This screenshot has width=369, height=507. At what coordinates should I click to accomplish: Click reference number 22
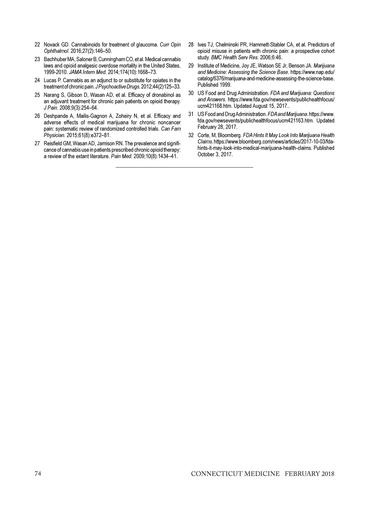[x=37, y=45]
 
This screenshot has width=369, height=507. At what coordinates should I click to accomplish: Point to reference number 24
[x=37, y=81]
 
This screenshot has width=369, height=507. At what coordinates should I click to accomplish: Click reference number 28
[x=191, y=45]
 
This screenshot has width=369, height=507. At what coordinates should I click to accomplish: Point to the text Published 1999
[x=214, y=85]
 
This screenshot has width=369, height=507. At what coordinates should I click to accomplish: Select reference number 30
[x=191, y=93]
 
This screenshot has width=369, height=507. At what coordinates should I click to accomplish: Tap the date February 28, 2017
[x=217, y=127]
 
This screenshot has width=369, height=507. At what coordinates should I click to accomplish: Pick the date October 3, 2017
[x=215, y=154]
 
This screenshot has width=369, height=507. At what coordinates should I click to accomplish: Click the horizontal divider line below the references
[x=184, y=167]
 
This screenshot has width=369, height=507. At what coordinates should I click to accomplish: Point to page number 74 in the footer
[x=38, y=474]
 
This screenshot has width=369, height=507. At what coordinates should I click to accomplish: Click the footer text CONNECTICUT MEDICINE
[x=235, y=474]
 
